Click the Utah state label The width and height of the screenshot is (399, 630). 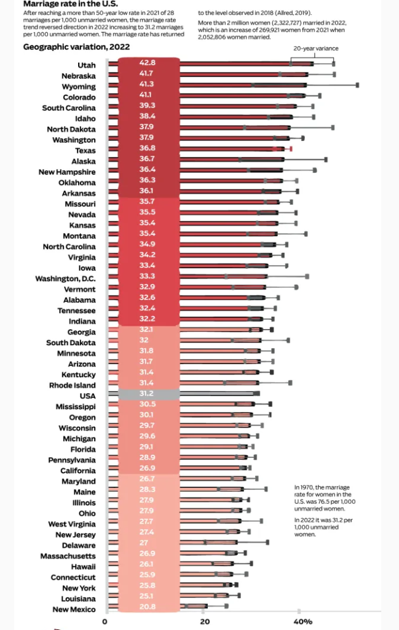[86, 65]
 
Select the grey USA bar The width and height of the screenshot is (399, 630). [215, 393]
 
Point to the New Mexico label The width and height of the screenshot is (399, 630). [74, 609]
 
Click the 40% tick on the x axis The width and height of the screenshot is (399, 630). [302, 621]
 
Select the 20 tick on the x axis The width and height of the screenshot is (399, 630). [205, 621]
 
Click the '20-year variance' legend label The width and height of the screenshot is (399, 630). [315, 48]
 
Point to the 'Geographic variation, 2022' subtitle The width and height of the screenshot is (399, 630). [68, 47]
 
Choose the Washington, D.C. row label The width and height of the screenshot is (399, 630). [65, 279]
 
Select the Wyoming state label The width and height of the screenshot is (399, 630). [78, 87]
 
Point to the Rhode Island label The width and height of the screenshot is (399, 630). [72, 385]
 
